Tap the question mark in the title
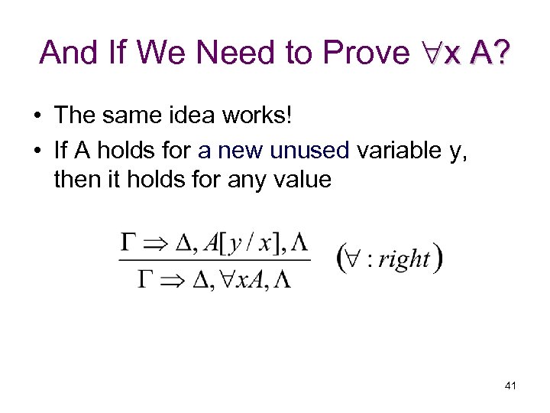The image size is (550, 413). tap(503, 53)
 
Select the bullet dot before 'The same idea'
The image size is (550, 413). tap(37, 116)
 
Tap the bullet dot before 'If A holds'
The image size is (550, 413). tap(37, 150)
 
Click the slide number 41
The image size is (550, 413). tap(510, 386)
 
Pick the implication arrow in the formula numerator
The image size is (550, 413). tap(158, 243)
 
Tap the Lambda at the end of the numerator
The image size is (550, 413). tap(300, 243)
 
